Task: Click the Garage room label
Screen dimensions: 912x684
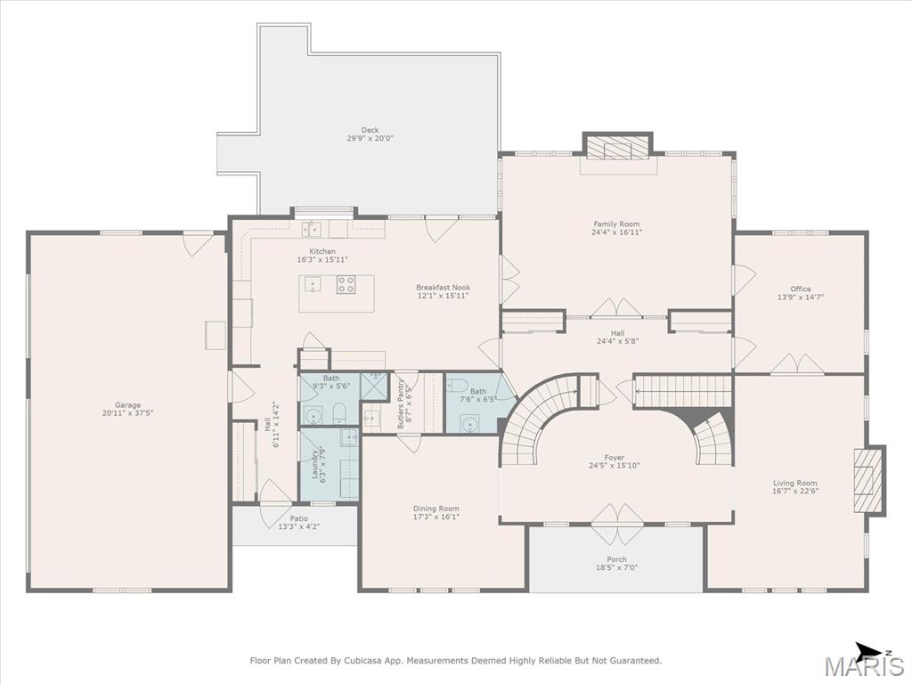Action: (x=127, y=405)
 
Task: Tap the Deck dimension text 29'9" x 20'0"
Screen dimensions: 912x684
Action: (x=370, y=138)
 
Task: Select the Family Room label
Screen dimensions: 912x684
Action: (x=616, y=224)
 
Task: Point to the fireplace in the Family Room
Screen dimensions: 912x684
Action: (x=618, y=147)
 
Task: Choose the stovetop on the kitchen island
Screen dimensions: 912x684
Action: (x=346, y=284)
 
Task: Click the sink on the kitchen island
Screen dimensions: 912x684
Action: (x=313, y=285)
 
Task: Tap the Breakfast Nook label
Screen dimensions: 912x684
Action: (x=444, y=288)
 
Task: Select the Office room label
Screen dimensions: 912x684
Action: (x=801, y=289)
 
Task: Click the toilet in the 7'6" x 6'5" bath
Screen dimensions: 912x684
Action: (x=457, y=385)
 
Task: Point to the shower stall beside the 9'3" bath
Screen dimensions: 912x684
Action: (x=373, y=386)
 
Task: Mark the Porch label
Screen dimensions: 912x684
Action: (x=616, y=559)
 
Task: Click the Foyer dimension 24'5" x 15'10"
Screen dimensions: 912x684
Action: (x=615, y=465)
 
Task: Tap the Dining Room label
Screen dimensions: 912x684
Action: (x=436, y=509)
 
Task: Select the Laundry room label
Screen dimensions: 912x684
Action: (x=314, y=464)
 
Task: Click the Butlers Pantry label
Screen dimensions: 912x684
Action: (x=401, y=404)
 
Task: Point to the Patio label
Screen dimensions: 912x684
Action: (x=299, y=518)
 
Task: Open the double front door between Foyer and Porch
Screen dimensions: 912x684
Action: (x=617, y=515)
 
